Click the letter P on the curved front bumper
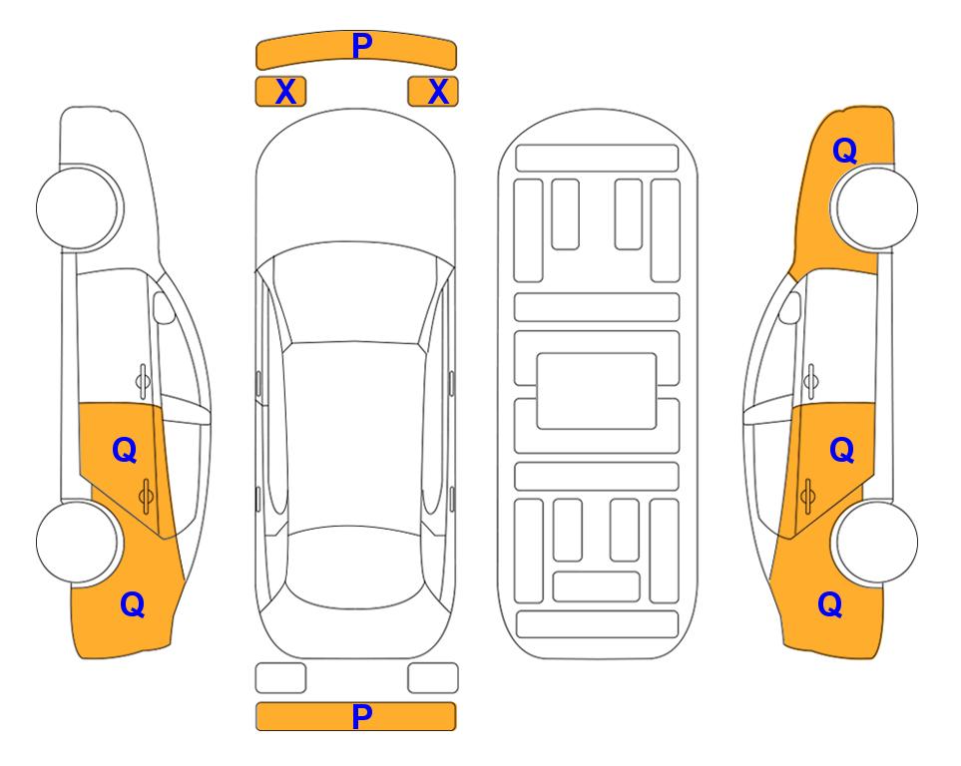pos(362,45)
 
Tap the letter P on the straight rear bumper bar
pos(361,716)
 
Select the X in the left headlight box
pos(285,92)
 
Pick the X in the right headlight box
pos(438,92)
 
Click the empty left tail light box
pos(280,678)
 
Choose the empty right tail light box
pos(433,678)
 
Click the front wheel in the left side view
pos(78,207)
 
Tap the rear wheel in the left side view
pos(78,542)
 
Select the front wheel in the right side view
pos(876,207)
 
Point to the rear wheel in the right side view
pos(876,542)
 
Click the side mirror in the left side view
pos(164,307)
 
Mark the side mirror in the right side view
pos(790,307)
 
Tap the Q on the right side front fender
pos(844,151)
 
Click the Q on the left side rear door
pos(125,451)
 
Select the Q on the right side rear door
pos(841,451)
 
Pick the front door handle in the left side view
pos(143,381)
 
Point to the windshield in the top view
pos(354,293)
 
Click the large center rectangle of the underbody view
pos(597,391)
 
